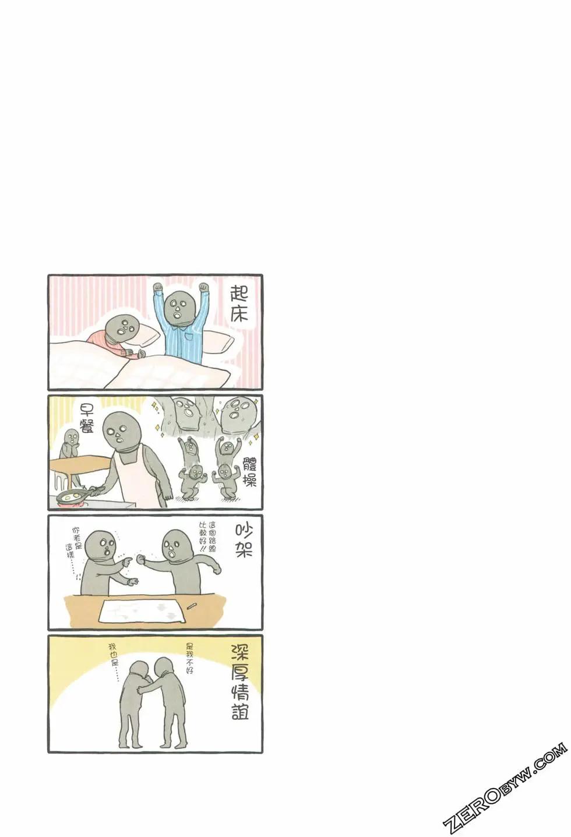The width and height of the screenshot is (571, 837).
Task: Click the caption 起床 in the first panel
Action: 239,304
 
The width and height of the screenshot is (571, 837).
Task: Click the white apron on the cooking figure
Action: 138,482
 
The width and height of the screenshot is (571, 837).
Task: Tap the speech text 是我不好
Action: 190,658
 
